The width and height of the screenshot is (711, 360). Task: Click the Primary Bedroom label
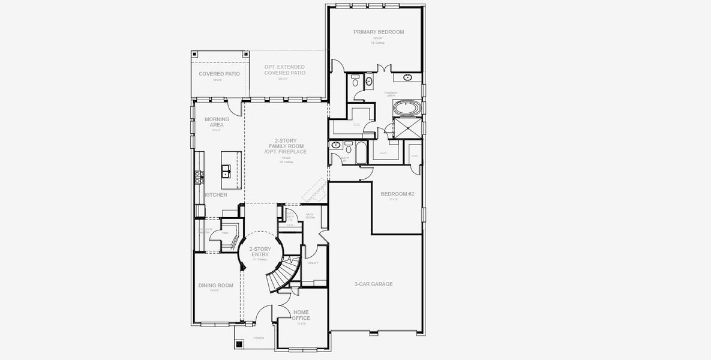click(378, 32)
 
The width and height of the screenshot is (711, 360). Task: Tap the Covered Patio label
click(219, 74)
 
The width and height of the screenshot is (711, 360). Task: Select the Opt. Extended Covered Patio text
click(284, 70)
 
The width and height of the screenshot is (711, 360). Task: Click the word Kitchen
click(216, 195)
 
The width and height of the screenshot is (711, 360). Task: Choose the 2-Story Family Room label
click(285, 146)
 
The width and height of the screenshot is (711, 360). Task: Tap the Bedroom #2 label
click(397, 194)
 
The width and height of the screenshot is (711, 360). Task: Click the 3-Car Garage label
click(373, 284)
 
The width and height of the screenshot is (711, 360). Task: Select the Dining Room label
click(215, 286)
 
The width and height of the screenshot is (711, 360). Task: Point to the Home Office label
click(301, 315)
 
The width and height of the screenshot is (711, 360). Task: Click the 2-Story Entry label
click(261, 252)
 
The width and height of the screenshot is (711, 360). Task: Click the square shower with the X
click(403, 128)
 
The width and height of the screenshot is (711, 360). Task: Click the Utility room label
click(313, 263)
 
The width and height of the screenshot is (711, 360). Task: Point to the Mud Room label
click(310, 215)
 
